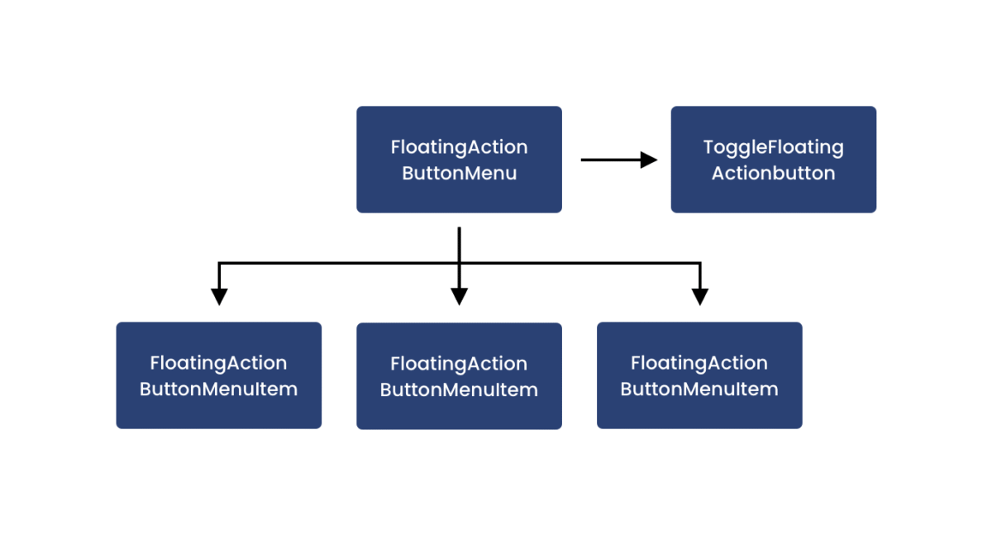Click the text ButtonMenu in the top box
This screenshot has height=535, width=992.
coord(459,174)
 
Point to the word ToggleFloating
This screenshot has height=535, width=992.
coord(773,147)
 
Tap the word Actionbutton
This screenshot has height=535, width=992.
coord(773,174)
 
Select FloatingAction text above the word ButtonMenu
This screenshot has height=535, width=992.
coord(459,147)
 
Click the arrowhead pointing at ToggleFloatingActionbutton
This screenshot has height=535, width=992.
coord(649,160)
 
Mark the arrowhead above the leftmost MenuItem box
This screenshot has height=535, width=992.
coord(219,296)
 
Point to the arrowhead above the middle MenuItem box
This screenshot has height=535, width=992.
coord(460,296)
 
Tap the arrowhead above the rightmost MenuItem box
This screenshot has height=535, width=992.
coord(700,296)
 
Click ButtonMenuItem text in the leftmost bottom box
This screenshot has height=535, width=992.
coord(218,389)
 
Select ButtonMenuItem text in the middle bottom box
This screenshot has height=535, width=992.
coord(459,390)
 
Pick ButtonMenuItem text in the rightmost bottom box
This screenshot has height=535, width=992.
coord(699,389)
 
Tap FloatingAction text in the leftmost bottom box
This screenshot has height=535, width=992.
coord(218,363)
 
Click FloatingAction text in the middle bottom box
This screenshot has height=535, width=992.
coord(459,364)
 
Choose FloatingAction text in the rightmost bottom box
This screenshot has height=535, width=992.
coord(699,363)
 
